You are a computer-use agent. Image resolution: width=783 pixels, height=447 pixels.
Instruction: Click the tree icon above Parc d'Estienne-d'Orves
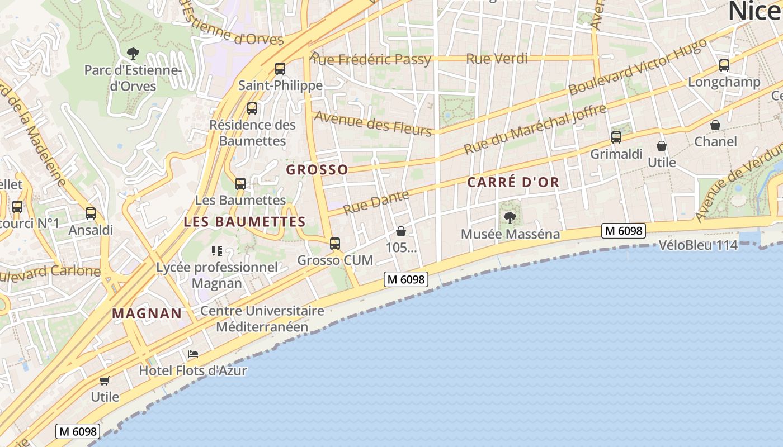[x=133, y=54]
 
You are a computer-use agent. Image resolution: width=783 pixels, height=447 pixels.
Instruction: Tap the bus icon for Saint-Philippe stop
[x=280, y=69]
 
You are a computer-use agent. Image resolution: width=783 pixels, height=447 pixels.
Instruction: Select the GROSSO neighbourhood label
[x=317, y=169]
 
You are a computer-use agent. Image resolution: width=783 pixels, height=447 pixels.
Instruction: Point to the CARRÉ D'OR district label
[x=513, y=182]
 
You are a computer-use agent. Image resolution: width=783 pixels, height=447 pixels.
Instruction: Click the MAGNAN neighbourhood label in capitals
[x=147, y=313]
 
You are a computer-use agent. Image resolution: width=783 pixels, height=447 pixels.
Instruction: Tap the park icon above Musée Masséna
[x=510, y=217]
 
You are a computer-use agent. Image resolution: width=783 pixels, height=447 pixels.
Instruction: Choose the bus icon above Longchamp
[x=724, y=65]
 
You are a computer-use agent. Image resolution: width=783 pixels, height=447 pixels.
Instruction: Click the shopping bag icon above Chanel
[x=715, y=125]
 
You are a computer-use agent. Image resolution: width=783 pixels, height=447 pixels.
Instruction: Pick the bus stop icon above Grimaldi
[x=616, y=137]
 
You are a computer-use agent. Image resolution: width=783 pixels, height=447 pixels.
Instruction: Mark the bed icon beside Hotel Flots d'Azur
[x=193, y=354]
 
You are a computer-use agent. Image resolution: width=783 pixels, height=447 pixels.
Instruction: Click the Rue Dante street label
[x=376, y=202]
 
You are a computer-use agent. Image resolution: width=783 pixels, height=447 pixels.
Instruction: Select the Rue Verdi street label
[x=497, y=58]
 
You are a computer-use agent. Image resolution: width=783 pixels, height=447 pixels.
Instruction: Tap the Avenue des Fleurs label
[x=374, y=123]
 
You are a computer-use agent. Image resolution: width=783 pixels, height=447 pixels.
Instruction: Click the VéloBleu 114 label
[x=698, y=245]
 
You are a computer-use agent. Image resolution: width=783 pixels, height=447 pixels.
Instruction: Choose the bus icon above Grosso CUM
[x=334, y=243]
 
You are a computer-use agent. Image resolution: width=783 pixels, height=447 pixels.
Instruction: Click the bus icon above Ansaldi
[x=91, y=213]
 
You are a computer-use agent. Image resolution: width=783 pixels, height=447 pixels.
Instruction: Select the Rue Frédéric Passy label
[x=371, y=59]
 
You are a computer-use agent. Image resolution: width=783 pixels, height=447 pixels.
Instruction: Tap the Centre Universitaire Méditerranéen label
[x=262, y=318]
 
